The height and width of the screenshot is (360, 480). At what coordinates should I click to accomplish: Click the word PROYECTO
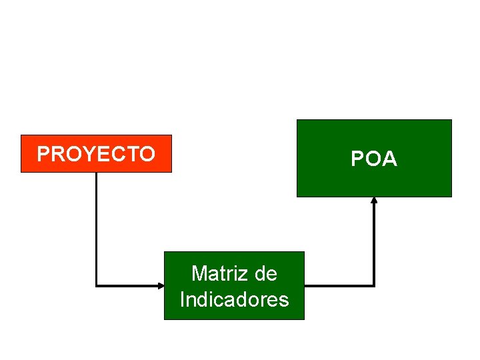96,154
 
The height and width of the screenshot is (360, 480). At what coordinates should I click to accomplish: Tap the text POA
374,159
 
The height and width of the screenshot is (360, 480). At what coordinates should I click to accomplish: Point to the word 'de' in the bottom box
265,273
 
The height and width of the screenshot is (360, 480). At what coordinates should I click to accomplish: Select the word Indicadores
234,299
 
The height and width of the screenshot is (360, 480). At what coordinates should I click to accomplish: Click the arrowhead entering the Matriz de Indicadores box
161,286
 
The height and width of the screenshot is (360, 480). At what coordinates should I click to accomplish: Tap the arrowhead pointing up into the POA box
374,200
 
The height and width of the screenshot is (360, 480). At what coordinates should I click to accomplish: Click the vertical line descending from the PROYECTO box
96,227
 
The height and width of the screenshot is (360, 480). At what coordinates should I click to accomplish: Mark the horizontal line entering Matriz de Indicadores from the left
130,286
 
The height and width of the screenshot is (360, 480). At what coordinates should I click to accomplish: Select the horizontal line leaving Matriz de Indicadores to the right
339,286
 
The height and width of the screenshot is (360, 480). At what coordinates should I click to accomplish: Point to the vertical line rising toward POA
374,243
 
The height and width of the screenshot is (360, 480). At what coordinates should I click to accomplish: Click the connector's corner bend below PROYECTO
97,286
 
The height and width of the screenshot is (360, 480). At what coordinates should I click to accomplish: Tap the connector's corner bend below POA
374,286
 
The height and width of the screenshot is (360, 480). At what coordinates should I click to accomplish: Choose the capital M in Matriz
199,273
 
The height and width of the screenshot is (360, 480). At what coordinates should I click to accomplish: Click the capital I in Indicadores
183,299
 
